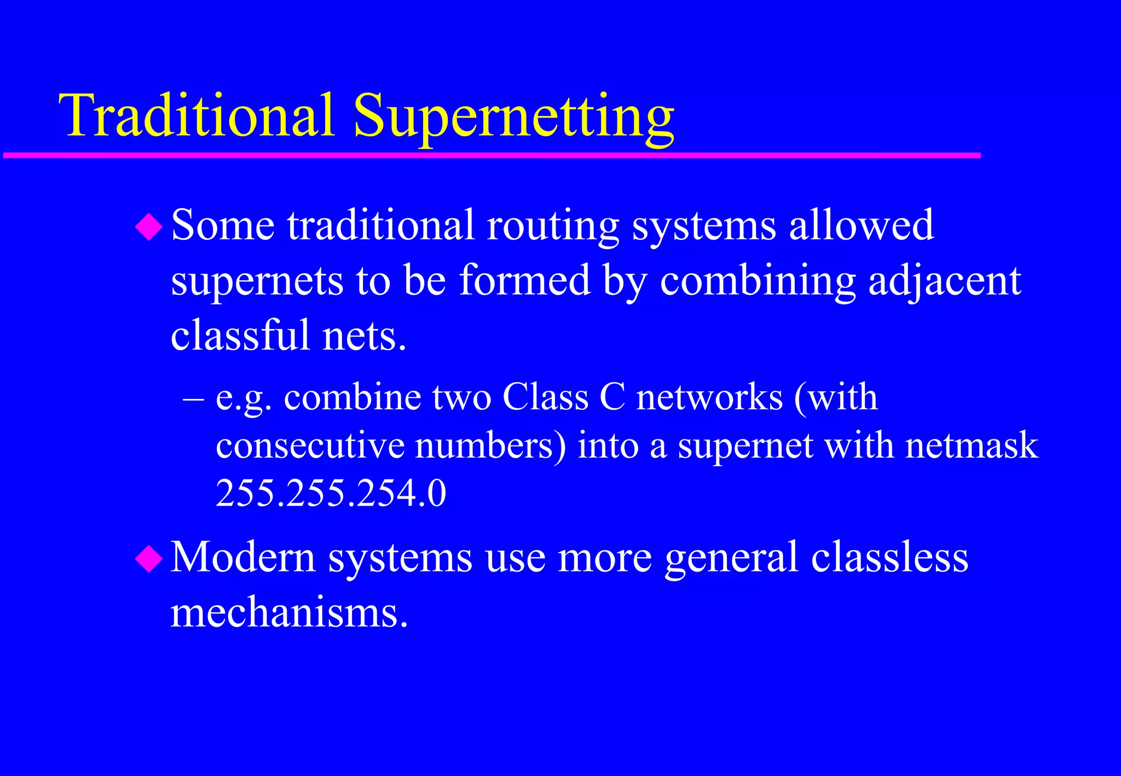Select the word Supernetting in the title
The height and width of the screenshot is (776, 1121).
[513, 118]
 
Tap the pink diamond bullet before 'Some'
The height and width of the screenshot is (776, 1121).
[149, 227]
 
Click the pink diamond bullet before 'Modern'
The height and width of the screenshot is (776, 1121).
[149, 559]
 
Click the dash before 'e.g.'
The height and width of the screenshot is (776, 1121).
[193, 398]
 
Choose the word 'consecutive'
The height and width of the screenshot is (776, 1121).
[310, 445]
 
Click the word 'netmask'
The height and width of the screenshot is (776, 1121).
[971, 445]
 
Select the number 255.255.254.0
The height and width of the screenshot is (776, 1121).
[331, 494]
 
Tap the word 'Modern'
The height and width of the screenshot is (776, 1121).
[244, 557]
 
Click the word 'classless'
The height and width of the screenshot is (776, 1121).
[889, 557]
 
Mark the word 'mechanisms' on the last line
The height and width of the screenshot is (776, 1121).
[288, 613]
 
